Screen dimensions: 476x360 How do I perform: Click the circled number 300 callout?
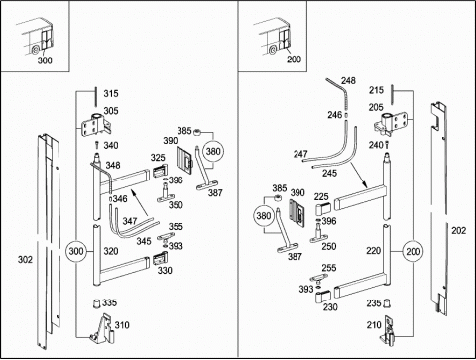coord(76,251)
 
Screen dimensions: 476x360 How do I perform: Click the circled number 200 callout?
coord(413,252)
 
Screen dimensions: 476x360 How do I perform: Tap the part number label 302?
coord(25,260)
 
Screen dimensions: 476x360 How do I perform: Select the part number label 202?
coord(459,230)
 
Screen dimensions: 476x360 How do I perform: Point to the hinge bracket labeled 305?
coord(96,125)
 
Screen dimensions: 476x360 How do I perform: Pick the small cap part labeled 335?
coord(96,303)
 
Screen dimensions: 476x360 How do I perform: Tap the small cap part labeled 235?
coord(386,303)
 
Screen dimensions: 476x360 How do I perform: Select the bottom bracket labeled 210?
coord(388,331)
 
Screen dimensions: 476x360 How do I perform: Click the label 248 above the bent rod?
coord(348,81)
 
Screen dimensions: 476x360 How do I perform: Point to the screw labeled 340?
coord(97,145)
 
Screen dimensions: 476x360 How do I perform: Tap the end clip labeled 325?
coord(160,172)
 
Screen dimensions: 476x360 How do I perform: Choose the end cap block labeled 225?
coord(323,209)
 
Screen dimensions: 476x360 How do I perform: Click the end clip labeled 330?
coord(160,259)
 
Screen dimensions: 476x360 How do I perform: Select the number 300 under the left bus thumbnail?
coord(45,60)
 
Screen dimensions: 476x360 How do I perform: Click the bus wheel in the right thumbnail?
coord(273,51)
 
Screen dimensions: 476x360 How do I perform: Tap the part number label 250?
coord(329,246)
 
